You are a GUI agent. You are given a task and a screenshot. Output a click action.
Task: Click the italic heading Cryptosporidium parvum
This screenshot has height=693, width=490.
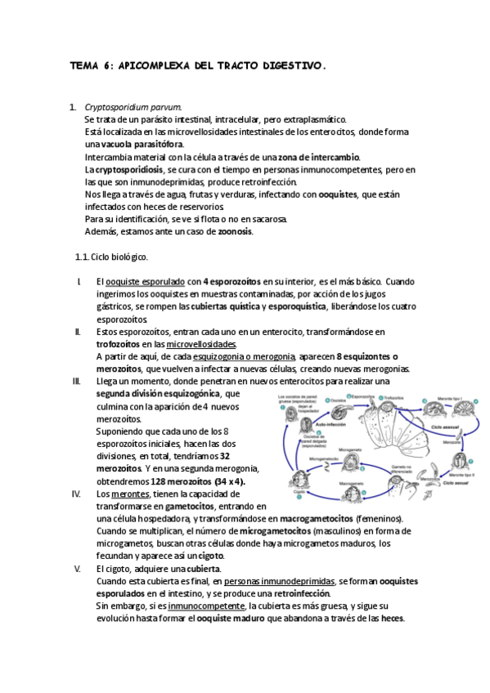pyautogui.click(x=133, y=107)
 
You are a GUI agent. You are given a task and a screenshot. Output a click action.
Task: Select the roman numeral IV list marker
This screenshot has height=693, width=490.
pyautogui.click(x=77, y=494)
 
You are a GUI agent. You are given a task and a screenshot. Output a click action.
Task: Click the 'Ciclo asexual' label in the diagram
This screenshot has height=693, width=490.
pyautogui.click(x=447, y=427)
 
